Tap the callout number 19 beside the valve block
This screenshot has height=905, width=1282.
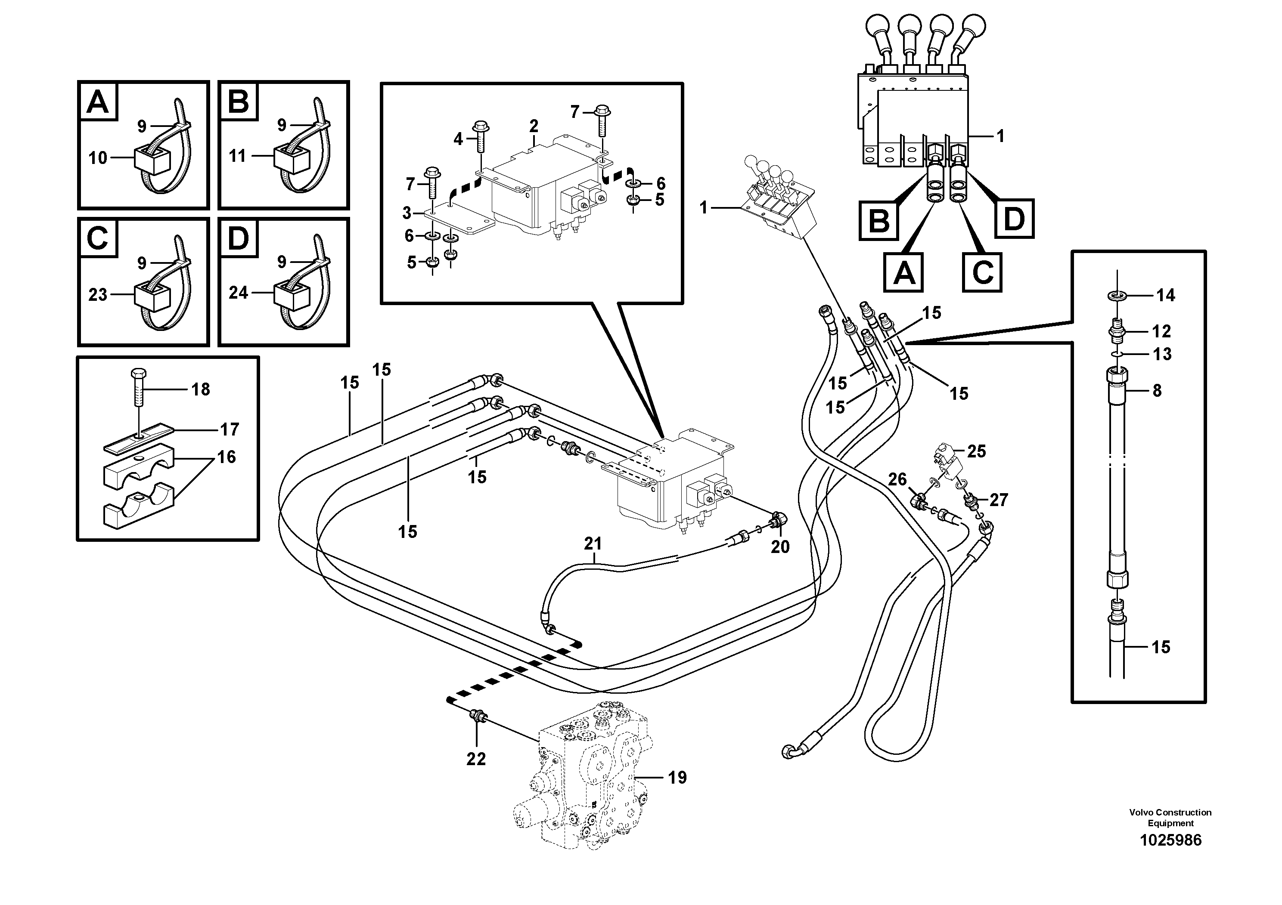[677, 777]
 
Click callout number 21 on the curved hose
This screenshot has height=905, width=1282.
[593, 543]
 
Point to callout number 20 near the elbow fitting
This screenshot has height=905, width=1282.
[780, 547]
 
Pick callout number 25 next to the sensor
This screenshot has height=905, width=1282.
[976, 451]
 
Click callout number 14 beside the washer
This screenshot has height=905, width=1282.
[1165, 295]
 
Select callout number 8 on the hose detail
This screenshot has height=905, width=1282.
[1157, 391]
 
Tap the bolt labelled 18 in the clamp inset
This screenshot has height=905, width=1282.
[138, 388]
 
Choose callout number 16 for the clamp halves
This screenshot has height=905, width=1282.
[226, 457]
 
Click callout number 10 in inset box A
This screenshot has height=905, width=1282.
[98, 158]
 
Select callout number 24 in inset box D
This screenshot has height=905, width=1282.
[239, 292]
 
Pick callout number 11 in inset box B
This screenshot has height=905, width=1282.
[238, 156]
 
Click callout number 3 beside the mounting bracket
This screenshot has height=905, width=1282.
[407, 213]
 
